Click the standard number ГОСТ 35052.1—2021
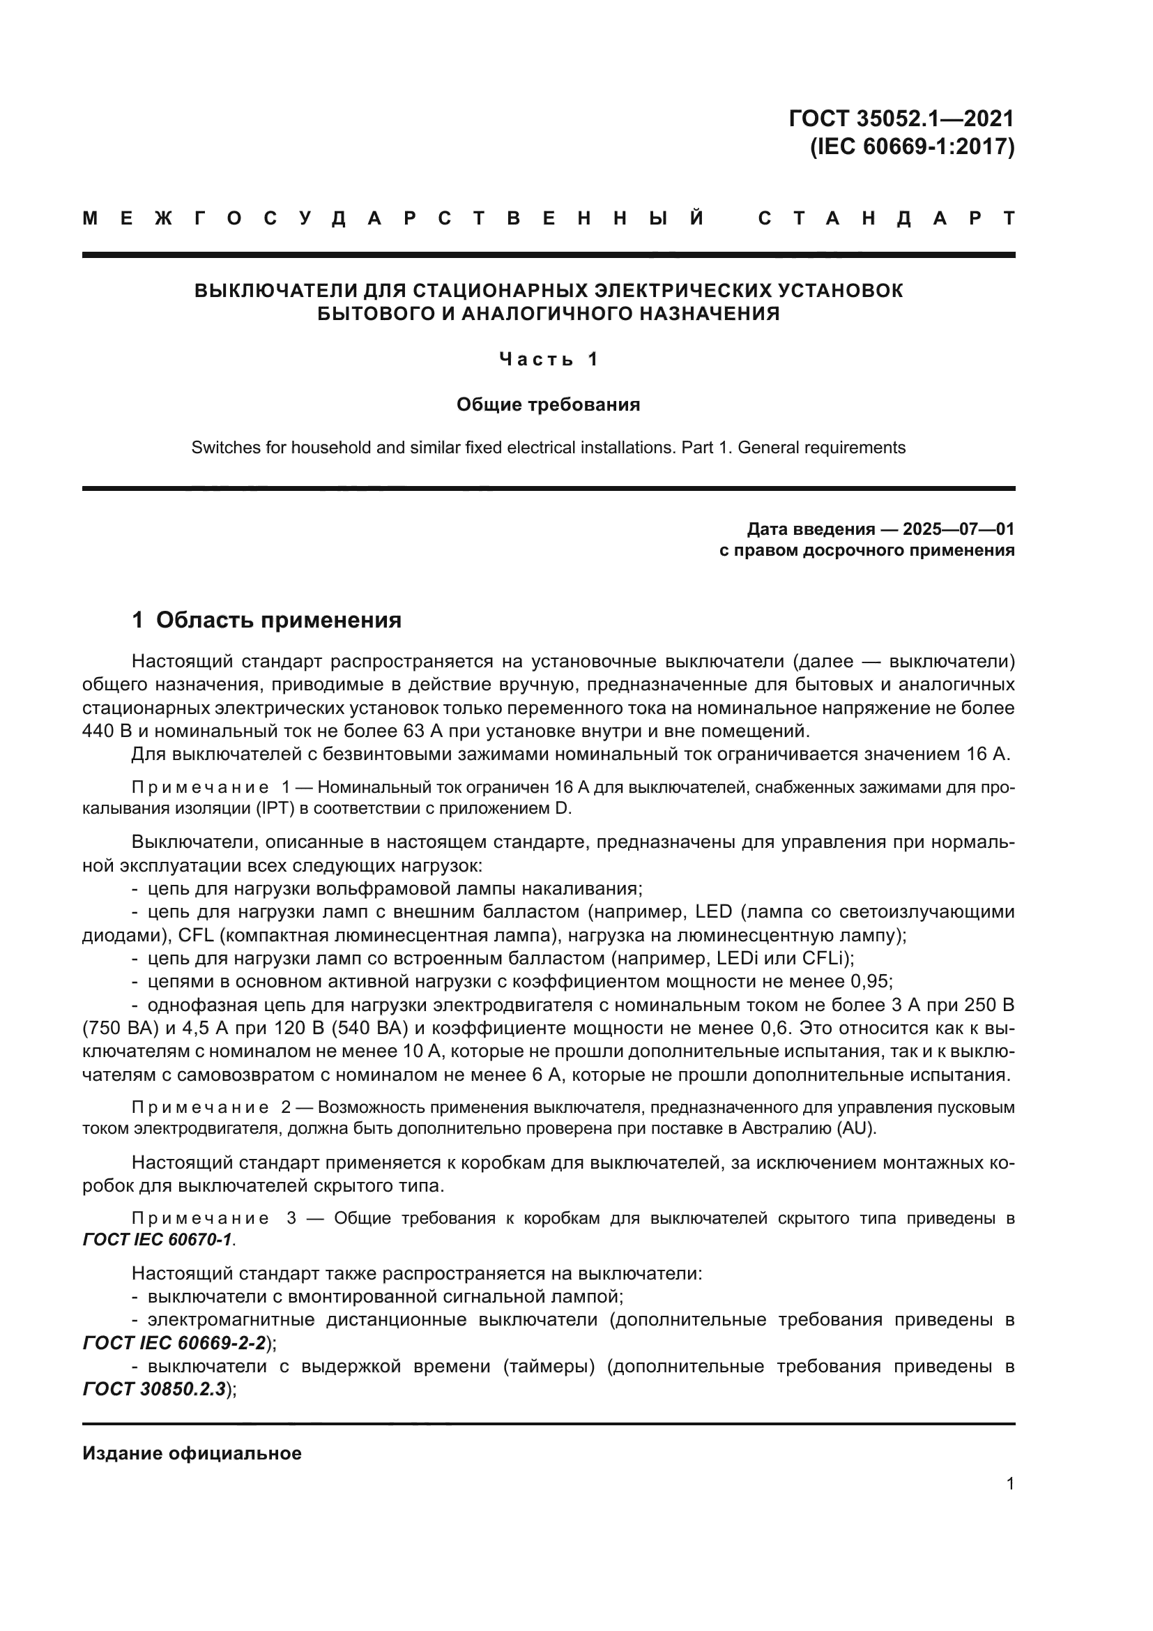click(901, 118)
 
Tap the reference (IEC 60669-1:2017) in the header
click(912, 146)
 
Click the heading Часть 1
click(548, 359)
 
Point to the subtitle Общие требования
click(548, 405)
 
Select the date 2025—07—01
click(958, 529)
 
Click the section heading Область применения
click(278, 620)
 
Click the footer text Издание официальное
click(192, 1452)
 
